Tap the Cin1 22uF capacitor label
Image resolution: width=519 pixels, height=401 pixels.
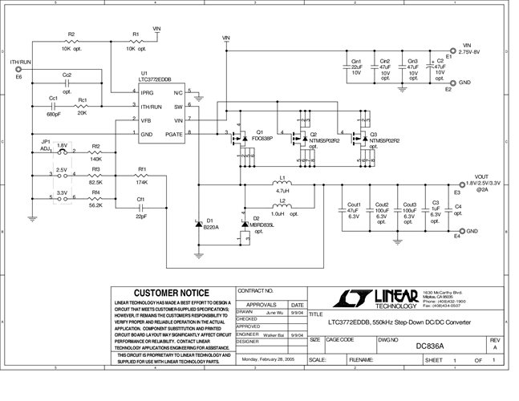click(x=356, y=67)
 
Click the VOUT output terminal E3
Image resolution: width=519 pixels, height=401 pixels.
click(x=460, y=184)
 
